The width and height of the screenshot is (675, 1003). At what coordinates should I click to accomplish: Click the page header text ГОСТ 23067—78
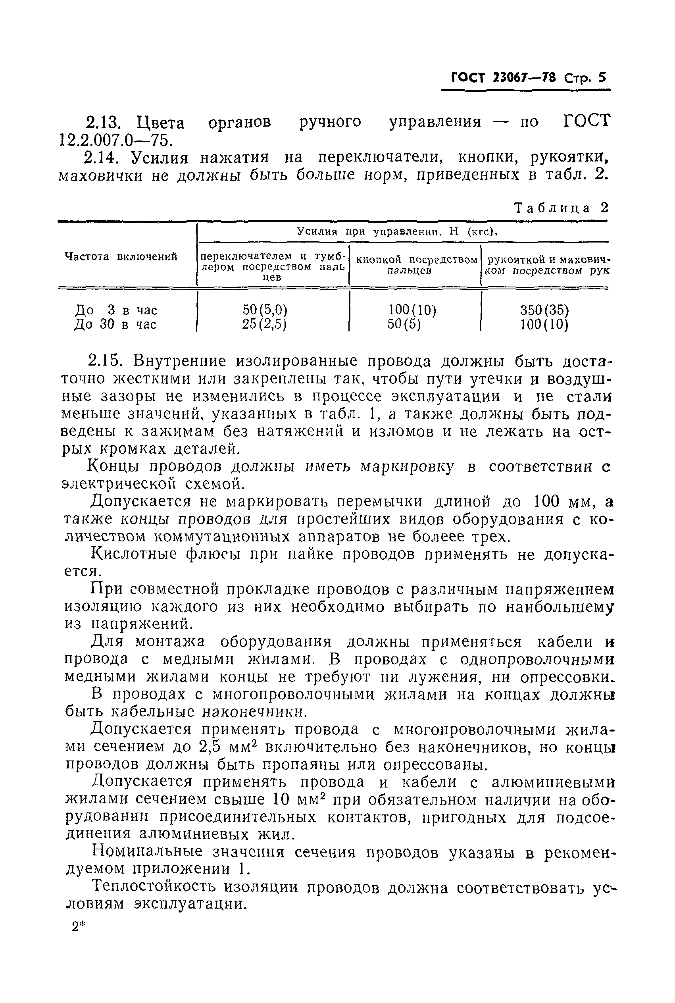click(503, 78)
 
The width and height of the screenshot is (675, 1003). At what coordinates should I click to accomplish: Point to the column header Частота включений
click(121, 257)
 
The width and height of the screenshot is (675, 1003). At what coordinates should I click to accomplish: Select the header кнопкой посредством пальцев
click(416, 265)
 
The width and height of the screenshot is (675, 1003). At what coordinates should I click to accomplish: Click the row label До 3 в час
click(116, 310)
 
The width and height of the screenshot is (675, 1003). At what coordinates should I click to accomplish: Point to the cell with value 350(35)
click(544, 310)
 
